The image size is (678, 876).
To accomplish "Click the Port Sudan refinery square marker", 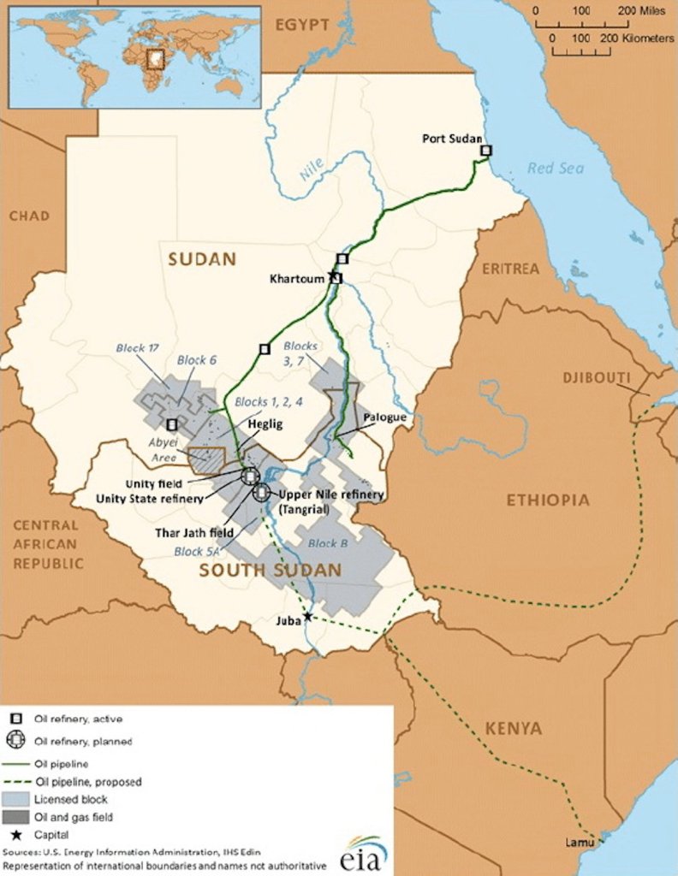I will coord(486,151).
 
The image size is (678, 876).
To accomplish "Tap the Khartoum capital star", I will coord(330,275).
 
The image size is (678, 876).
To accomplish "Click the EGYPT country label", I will coord(301,25).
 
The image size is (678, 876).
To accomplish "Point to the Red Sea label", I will coord(556,169).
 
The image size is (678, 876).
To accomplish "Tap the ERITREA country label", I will coord(510,269).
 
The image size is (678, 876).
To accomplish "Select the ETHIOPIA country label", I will coord(548,500).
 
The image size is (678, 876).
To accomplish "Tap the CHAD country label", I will coord(29,216).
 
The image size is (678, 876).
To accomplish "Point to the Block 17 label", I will coord(139,347).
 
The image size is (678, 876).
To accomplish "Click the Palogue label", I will coord(384,417).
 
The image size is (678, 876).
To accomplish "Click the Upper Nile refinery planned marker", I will coord(260,492).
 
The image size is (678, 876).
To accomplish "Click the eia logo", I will coord(363,855).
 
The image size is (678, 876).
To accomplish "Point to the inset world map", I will coord(134,56).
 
